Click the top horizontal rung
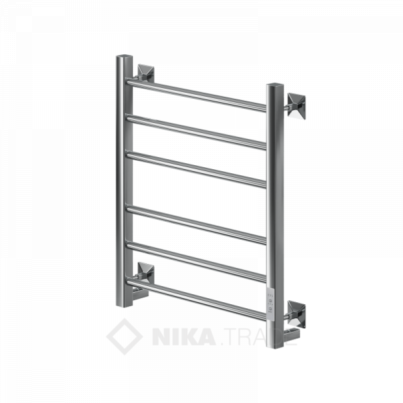(196, 96)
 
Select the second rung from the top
(196, 132)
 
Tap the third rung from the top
(196, 170)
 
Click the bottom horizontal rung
(196, 300)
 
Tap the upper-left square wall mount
(146, 73)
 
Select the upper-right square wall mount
(296, 106)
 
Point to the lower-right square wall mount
(296, 314)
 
